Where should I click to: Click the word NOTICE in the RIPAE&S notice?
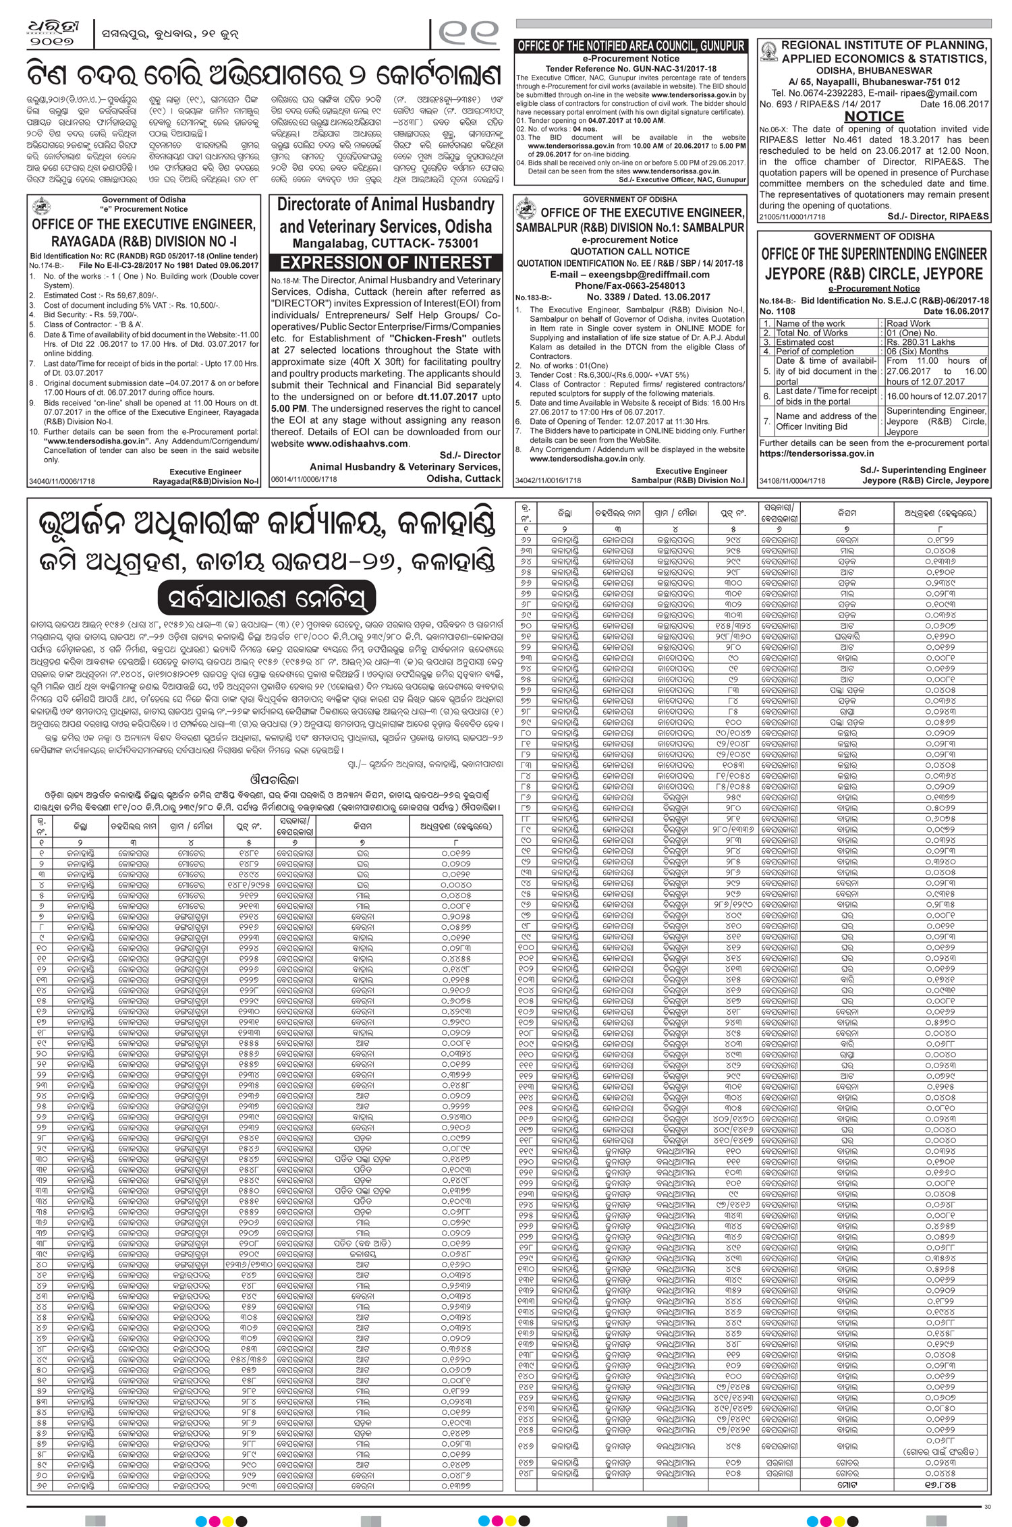coord(874,117)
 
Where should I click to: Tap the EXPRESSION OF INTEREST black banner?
coord(386,262)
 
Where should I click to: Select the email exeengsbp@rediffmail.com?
coord(630,275)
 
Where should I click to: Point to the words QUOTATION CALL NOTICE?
coord(630,252)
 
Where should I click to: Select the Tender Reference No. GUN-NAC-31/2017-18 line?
coord(631,69)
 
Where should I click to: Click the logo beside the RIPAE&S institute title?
coord(768,52)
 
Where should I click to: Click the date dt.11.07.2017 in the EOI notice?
coord(447,397)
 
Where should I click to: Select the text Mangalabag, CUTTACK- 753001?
coord(386,243)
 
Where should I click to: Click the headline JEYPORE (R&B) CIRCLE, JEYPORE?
coord(874,275)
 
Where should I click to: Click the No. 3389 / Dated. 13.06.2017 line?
coord(648,297)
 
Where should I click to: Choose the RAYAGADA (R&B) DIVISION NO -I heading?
coord(144,242)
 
